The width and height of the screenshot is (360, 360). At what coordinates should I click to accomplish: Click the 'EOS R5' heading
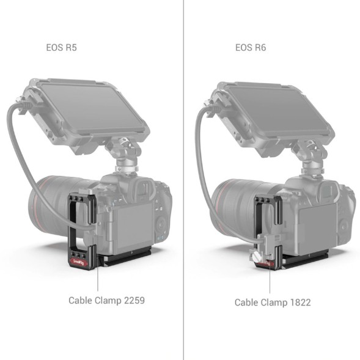(x=62, y=47)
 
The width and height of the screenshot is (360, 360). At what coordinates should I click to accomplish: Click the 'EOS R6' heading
(x=251, y=47)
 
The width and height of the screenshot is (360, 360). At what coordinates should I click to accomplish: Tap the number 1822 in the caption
(x=299, y=302)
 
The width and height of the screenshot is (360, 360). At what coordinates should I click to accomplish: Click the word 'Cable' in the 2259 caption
(x=81, y=300)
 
